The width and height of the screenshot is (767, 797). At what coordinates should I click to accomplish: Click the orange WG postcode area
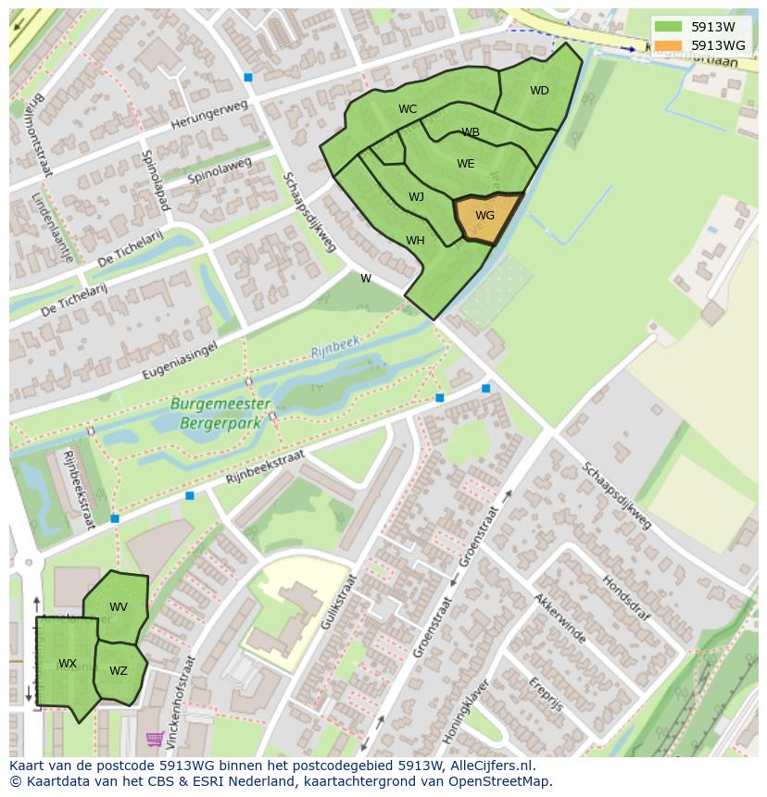point(484,217)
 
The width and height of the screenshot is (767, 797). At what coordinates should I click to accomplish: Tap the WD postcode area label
point(539,91)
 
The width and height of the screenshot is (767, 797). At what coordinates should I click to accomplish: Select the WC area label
point(408,109)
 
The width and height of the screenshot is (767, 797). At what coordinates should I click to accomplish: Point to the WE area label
point(465,164)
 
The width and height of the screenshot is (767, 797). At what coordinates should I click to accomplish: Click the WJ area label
point(416,196)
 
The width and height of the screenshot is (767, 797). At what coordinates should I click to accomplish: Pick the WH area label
point(415,241)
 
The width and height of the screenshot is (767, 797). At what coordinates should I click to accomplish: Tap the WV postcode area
point(119,607)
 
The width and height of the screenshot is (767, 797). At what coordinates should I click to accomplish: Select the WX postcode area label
point(68,664)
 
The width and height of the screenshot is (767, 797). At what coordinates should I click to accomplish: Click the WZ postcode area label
point(119,671)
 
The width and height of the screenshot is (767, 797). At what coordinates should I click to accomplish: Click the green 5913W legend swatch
point(667,28)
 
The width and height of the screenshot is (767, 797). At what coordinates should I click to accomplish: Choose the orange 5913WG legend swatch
point(667,45)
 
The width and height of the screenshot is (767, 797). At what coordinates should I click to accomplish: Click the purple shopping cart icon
point(155,739)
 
